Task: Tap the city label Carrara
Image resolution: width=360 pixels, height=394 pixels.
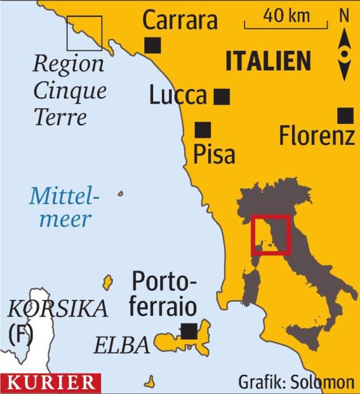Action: click(x=180, y=20)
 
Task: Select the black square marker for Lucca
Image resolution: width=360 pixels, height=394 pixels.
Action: click(x=221, y=96)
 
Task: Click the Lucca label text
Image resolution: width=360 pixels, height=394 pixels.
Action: click(x=178, y=96)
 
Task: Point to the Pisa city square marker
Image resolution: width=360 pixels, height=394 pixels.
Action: click(x=203, y=130)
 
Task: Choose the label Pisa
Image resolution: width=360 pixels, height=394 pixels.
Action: click(x=213, y=155)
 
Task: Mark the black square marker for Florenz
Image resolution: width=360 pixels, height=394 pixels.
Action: click(x=347, y=116)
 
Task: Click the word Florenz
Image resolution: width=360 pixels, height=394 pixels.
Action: click(x=316, y=137)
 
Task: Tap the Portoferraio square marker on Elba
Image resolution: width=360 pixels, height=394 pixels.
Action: click(x=188, y=331)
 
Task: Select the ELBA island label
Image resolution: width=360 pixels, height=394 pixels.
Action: click(x=122, y=345)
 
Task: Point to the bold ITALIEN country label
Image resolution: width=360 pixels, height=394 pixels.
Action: click(x=268, y=61)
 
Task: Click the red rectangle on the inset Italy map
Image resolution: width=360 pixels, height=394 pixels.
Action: click(x=271, y=235)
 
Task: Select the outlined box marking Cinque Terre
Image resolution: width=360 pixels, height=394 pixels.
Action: click(x=84, y=33)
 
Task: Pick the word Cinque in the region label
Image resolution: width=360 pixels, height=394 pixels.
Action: click(x=70, y=91)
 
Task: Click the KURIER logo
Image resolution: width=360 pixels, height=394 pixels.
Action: click(x=50, y=383)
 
